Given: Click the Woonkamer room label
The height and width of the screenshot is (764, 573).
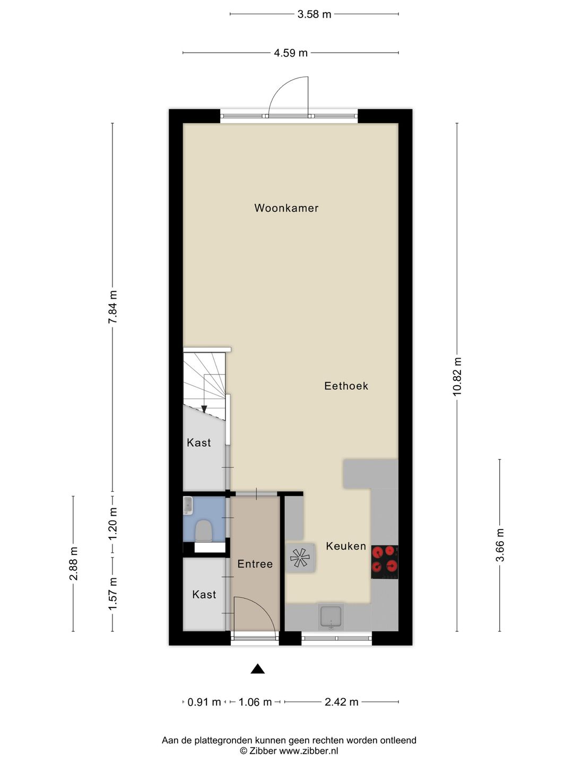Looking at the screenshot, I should tap(286, 208).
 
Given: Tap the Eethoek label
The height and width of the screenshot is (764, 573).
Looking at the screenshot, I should tap(346, 386).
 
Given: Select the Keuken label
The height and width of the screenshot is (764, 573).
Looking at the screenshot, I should tap(346, 546).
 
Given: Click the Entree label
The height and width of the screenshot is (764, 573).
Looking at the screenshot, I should tap(255, 564).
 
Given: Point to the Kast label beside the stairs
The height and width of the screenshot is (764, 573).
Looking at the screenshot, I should tap(199, 442).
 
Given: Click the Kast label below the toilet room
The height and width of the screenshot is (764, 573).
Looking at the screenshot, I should tap(204, 595).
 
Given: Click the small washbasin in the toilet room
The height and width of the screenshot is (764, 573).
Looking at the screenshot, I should tap(188, 506).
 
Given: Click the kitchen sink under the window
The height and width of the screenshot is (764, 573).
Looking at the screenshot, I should tap(331, 617).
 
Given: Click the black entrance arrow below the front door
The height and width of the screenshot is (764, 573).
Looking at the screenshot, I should tap(257, 669).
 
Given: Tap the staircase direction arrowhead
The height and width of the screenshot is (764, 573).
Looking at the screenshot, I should tap(204, 409).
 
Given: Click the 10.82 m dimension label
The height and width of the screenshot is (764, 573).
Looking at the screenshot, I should tap(457, 376).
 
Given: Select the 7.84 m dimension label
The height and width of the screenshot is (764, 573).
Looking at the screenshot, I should tap(112, 307).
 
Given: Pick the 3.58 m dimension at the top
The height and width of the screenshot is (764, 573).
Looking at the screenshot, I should tap(314, 14).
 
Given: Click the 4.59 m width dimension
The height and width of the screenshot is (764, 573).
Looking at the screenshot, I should tap(291, 53).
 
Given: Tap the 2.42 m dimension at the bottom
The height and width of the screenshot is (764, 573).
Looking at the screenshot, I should tap(342, 702).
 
